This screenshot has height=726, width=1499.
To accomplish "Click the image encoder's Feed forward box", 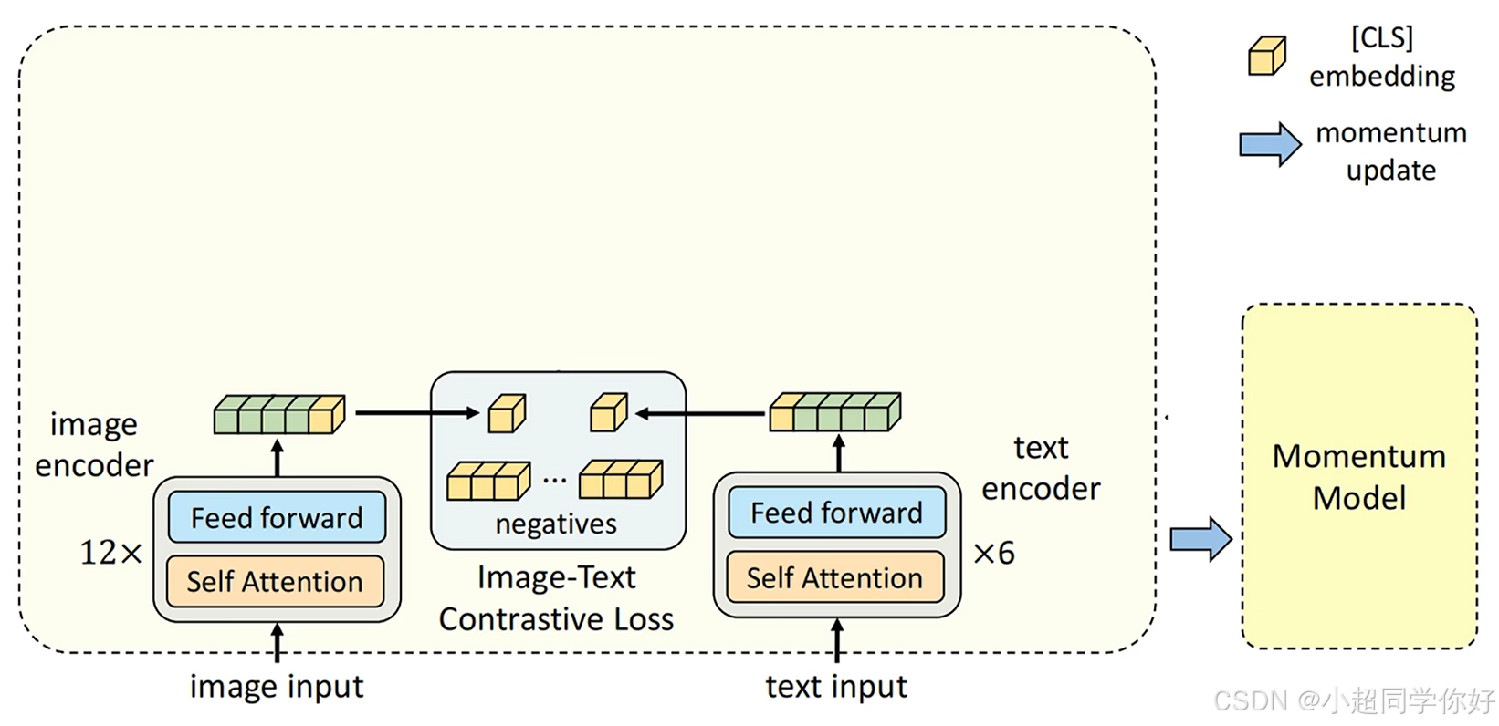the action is [277, 517].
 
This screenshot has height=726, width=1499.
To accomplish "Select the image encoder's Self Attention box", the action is [275, 581].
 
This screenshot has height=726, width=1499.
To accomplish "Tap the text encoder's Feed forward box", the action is [836, 512].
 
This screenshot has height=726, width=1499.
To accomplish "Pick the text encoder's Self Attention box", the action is [835, 577].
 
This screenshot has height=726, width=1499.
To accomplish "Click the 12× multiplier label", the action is [111, 552].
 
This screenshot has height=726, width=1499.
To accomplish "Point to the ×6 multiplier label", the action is [994, 553].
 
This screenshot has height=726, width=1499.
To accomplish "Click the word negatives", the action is [556, 524].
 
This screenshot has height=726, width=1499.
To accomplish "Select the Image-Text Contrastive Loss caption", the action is [556, 598].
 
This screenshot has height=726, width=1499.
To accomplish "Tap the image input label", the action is [277, 687].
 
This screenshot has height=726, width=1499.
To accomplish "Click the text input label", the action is [836, 687].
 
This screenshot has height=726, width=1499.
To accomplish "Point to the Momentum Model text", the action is [1359, 477].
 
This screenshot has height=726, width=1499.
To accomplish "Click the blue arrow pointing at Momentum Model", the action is [1201, 539].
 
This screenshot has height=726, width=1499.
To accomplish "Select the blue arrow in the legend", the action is [1270, 144].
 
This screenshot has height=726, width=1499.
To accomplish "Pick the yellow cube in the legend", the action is [1267, 56].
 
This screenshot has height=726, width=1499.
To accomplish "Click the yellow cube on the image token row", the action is [327, 415].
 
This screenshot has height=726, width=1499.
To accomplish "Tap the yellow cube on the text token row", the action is [782, 412].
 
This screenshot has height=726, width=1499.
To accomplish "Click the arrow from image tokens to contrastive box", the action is [417, 412].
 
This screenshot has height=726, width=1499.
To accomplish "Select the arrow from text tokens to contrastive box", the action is [699, 414].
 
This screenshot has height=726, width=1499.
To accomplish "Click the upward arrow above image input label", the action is [277, 642].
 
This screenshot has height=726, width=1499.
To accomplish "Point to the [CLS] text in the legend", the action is [1382, 37].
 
